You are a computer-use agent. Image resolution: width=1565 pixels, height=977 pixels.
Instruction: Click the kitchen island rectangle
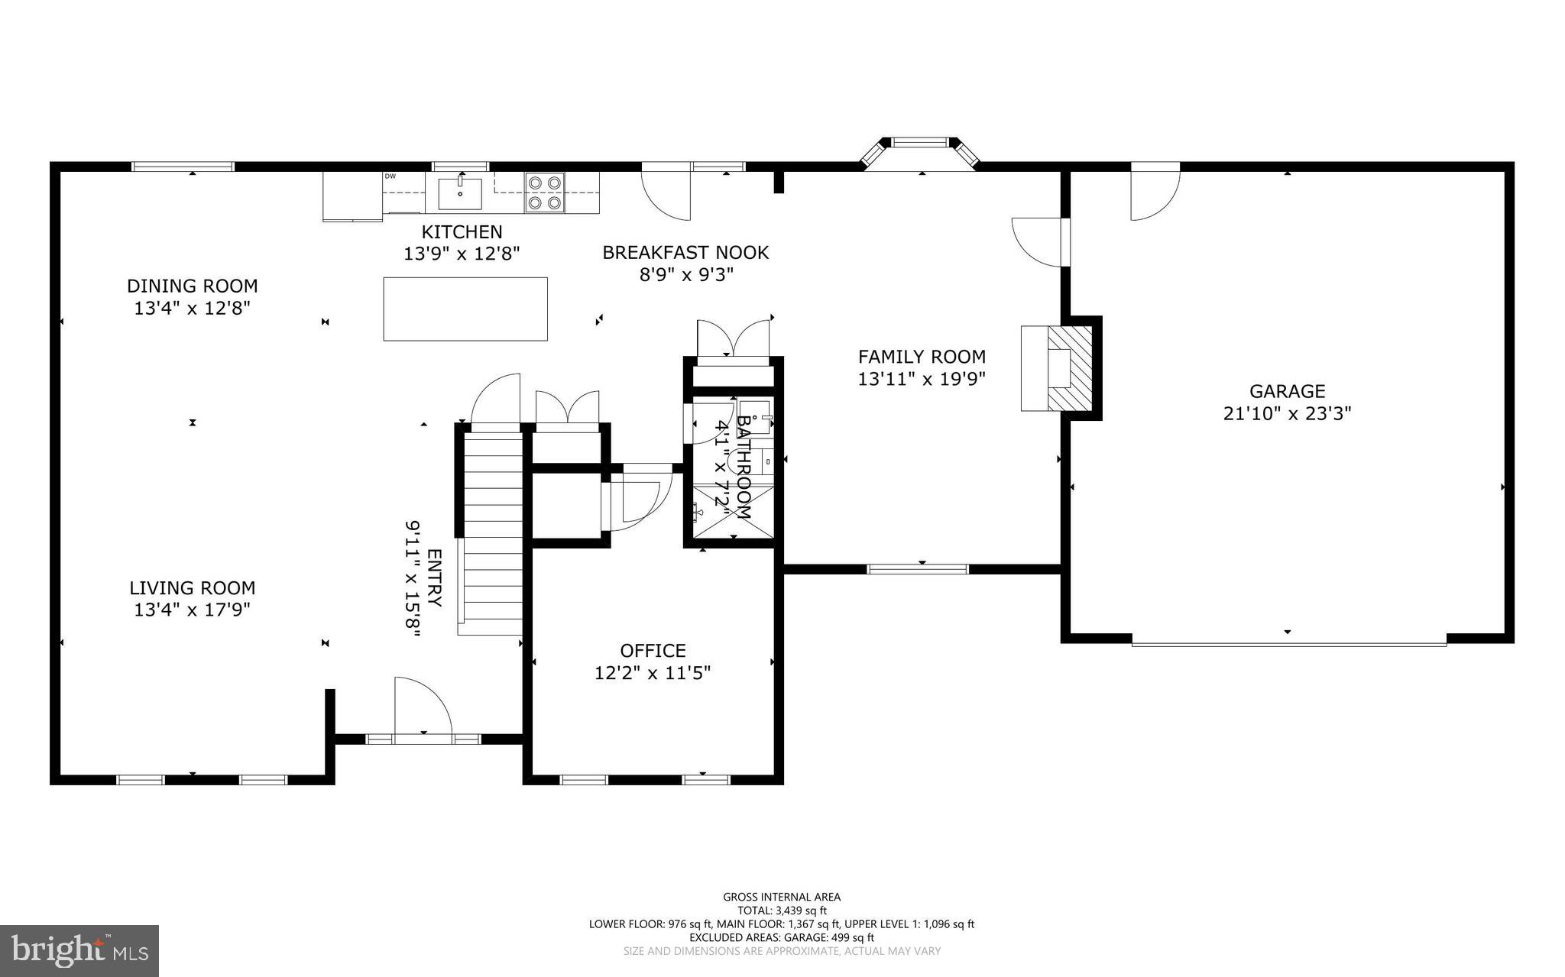click(465, 309)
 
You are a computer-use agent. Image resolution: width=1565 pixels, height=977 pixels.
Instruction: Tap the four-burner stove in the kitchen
click(544, 192)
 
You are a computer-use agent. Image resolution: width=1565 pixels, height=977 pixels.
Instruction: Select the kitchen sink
click(460, 192)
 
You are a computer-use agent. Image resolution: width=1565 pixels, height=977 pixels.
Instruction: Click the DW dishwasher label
click(390, 176)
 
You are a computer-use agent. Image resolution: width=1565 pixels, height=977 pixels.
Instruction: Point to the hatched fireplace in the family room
click(1069, 368)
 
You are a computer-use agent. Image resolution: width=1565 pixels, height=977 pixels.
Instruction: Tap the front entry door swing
click(422, 707)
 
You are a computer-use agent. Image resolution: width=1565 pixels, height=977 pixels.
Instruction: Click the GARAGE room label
click(1287, 391)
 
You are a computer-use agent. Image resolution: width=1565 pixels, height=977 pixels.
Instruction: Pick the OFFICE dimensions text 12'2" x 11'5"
click(653, 673)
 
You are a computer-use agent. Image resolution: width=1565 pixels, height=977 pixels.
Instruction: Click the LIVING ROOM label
click(192, 587)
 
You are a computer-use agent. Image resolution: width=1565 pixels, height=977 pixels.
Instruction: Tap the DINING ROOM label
click(192, 286)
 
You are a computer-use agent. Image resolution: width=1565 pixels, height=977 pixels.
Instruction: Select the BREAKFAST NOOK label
click(685, 252)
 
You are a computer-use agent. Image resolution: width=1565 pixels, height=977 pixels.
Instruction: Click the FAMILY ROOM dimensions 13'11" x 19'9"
click(922, 379)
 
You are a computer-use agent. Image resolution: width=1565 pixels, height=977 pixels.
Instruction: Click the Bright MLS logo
click(79, 950)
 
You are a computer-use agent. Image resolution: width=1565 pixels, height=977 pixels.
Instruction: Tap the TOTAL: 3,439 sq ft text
click(781, 911)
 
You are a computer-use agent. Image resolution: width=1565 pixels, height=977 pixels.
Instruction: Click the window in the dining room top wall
click(183, 167)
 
